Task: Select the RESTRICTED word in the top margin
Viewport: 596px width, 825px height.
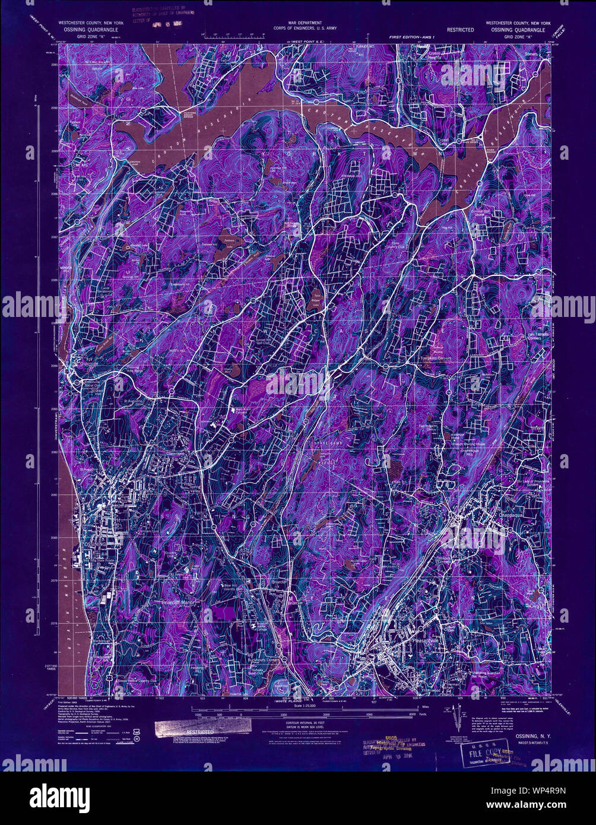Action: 460,30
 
